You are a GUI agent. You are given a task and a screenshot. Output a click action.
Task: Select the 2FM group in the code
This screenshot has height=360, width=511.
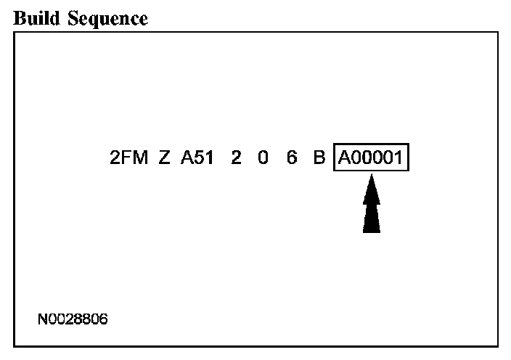pyautogui.click(x=128, y=157)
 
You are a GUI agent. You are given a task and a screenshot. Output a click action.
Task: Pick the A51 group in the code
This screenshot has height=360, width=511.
pyautogui.click(x=197, y=157)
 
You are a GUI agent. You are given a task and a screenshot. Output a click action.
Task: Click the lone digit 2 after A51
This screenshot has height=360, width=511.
pyautogui.click(x=236, y=157)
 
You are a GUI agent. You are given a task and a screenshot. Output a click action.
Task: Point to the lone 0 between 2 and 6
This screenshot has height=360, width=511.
pyautogui.click(x=263, y=157)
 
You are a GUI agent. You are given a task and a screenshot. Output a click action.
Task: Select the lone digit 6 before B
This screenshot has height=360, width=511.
pyautogui.click(x=291, y=157)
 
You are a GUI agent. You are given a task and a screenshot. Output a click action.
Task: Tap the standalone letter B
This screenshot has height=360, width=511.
pyautogui.click(x=319, y=157)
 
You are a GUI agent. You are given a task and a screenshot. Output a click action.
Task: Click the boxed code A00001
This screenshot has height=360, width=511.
pyautogui.click(x=372, y=157)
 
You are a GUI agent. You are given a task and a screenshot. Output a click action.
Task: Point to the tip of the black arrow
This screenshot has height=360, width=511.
pyautogui.click(x=372, y=179)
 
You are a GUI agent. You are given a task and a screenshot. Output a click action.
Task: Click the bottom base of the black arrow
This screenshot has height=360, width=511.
pyautogui.click(x=372, y=231)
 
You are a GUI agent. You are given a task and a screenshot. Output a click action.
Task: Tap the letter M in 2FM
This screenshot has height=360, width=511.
pyautogui.click(x=139, y=157)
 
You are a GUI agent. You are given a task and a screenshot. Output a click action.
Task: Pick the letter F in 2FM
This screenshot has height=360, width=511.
pyautogui.click(x=126, y=157)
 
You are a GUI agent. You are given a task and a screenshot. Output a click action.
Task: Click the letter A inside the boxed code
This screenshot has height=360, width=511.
pyautogui.click(x=343, y=157)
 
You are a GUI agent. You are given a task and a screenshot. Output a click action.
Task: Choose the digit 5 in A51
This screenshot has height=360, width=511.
pyautogui.click(x=197, y=157)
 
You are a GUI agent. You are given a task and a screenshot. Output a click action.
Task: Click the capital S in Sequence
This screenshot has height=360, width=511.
pyautogui.click(x=75, y=19)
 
